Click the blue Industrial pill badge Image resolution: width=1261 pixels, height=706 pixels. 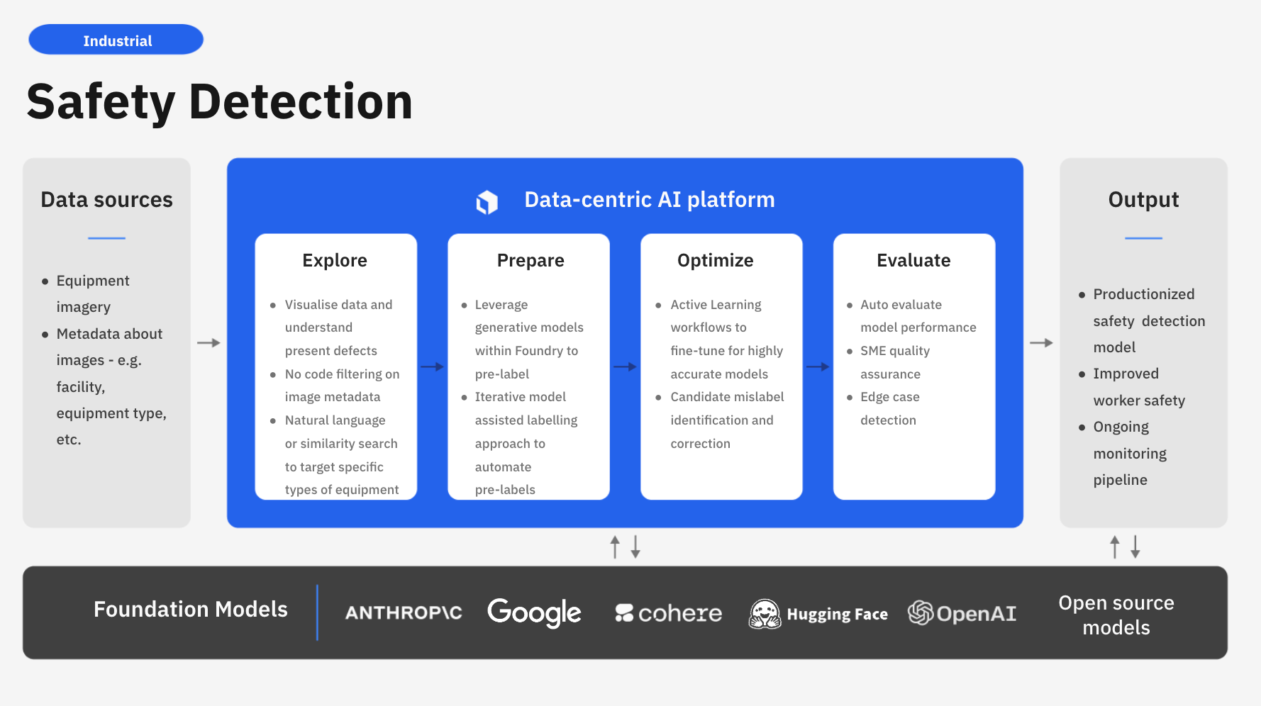point(116,40)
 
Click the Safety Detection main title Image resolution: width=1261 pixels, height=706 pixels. point(220,101)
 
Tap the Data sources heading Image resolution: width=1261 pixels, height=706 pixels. point(106,200)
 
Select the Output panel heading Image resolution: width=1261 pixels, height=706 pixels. point(1143,200)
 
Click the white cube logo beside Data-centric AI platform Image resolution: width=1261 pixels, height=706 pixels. point(487,202)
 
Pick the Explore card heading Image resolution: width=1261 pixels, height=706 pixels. point(335,261)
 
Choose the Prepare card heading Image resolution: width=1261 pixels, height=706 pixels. point(530,261)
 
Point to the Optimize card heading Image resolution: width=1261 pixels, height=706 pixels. point(716,261)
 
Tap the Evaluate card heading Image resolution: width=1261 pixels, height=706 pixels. point(913,260)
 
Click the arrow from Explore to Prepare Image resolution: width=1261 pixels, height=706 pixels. point(432,366)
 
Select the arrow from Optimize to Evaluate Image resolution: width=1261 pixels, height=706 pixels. point(818,366)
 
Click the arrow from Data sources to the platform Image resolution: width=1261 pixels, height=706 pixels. point(209,343)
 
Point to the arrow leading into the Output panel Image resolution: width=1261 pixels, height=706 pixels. point(1041,343)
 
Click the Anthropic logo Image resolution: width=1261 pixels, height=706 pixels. point(404,613)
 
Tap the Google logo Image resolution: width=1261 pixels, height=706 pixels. point(534,613)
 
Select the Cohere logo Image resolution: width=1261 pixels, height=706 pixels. point(668,613)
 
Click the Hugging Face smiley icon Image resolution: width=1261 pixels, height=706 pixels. point(765,614)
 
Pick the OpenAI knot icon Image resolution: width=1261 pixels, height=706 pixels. point(921,613)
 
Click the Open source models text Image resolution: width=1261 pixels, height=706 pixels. point(1116,615)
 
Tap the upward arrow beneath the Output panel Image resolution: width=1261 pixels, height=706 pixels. point(1115,547)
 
